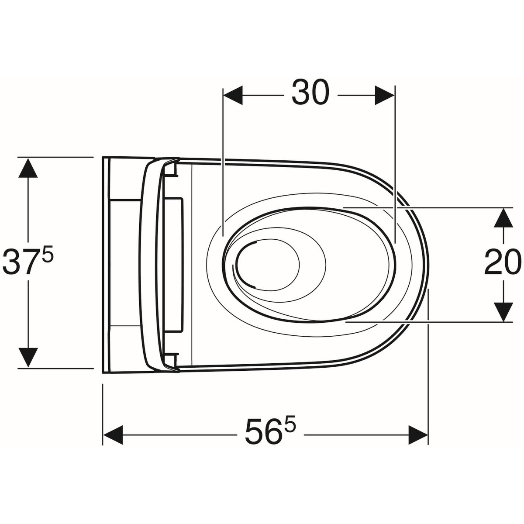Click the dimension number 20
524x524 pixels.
pos(501,262)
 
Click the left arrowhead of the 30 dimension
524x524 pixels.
pos(233,95)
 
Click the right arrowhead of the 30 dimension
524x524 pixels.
pos(385,95)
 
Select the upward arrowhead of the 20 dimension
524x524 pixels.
pos(503,217)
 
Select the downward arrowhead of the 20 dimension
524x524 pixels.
pos(503,312)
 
